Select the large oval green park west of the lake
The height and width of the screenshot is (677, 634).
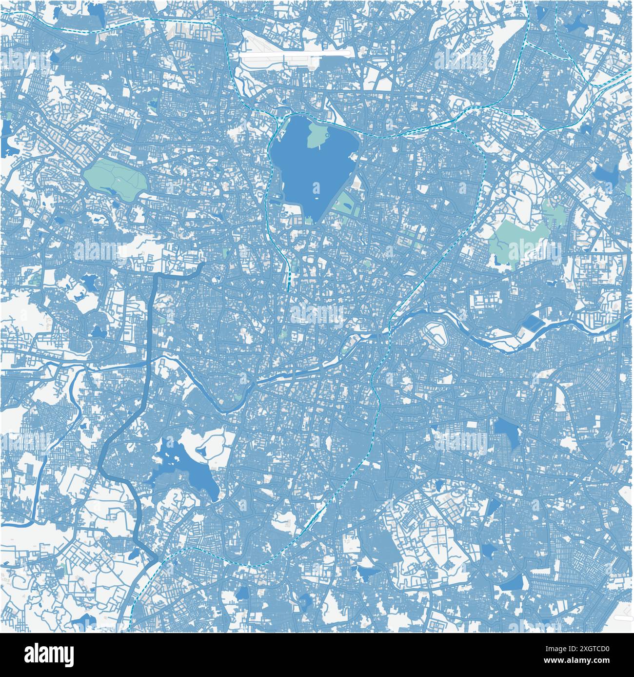116,178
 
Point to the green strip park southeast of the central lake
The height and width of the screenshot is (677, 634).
347,204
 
